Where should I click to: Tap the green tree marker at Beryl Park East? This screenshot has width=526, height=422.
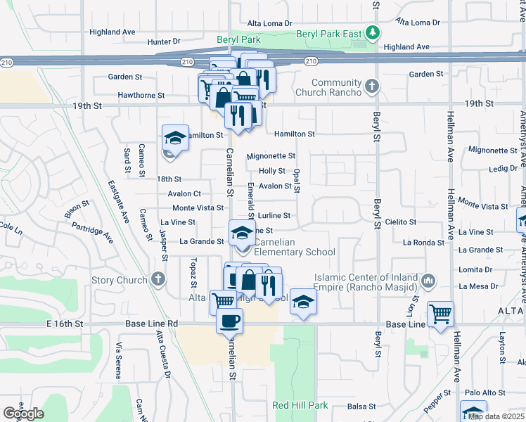(x=376, y=32)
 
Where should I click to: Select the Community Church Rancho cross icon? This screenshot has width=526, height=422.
(x=372, y=87)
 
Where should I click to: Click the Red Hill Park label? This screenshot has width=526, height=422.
(x=300, y=406)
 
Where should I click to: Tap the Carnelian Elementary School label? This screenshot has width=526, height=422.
(x=294, y=252)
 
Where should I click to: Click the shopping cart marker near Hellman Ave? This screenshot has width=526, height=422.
(x=440, y=313)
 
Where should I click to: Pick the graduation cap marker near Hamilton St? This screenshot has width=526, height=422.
(x=175, y=136)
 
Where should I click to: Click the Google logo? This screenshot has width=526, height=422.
(x=24, y=413)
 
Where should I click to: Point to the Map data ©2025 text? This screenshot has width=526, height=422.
(x=496, y=416)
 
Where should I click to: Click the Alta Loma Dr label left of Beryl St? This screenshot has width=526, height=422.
(x=269, y=23)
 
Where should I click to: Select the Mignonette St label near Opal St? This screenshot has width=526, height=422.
(x=271, y=156)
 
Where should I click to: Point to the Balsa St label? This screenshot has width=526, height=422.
(x=362, y=407)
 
